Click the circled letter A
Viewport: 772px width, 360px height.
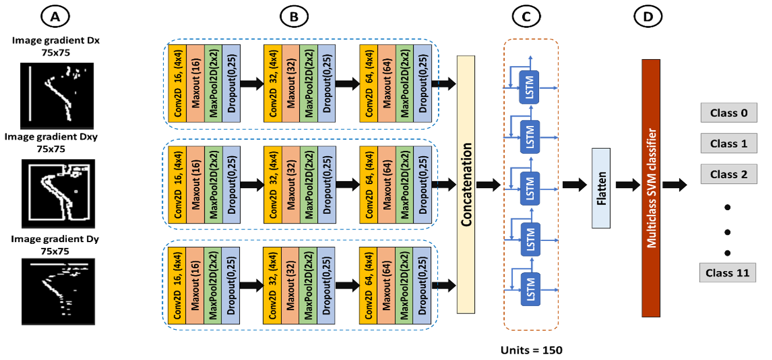coord(56,18)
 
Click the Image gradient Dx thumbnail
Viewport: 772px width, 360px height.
coord(57,96)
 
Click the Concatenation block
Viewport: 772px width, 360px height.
coord(465,185)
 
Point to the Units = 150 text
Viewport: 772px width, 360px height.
coord(532,351)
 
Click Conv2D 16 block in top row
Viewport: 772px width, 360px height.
coord(177,84)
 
